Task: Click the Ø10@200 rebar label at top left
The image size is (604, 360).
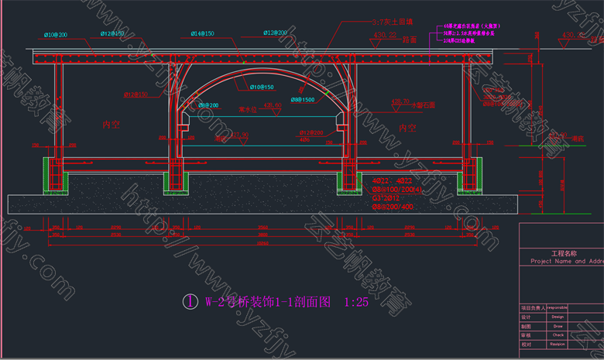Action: coord(56,35)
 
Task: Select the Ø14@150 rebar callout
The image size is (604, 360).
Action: coord(204,34)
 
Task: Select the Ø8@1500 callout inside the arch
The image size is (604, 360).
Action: coord(303,100)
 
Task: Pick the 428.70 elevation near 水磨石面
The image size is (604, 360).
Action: coord(400,101)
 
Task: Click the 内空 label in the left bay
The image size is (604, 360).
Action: coord(112,124)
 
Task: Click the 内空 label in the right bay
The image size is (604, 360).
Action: coord(407,127)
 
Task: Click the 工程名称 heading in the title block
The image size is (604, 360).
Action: coord(564,253)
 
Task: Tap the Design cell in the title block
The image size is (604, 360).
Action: coord(558,317)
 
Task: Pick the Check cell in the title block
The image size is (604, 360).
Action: coord(558,335)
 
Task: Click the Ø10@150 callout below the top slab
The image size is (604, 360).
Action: coord(262,86)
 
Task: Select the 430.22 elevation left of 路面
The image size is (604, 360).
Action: coord(385,36)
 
